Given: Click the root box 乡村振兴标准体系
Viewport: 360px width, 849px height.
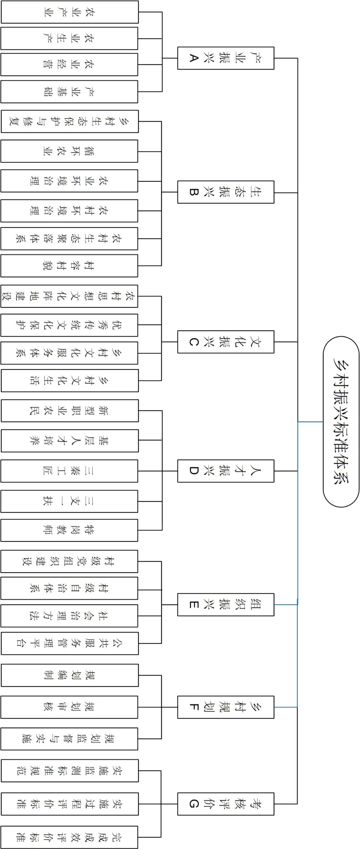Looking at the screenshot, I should click(x=341, y=421).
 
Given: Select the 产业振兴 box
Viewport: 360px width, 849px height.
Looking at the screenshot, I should click(x=226, y=58).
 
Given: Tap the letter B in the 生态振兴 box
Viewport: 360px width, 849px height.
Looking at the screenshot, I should click(x=194, y=192).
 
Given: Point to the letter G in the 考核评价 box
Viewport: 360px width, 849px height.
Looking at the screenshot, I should click(x=194, y=804).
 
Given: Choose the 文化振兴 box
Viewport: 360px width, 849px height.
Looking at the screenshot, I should click(x=226, y=342).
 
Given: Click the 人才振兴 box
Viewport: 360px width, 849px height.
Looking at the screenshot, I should click(x=226, y=471).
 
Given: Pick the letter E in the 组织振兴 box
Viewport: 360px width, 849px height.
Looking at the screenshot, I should click(x=194, y=605).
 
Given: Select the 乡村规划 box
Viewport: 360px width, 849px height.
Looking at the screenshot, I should click(x=226, y=707).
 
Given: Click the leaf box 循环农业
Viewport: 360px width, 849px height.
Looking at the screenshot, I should click(x=69, y=151).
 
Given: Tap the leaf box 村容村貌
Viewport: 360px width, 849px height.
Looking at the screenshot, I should click(x=69, y=266).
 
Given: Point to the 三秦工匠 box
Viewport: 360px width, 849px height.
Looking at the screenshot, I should click(x=69, y=471).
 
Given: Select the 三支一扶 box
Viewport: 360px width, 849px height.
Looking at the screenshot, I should click(x=69, y=501).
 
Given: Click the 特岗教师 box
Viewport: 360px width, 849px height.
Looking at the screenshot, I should click(x=69, y=530).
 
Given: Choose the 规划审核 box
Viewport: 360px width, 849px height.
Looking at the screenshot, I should click(x=69, y=707).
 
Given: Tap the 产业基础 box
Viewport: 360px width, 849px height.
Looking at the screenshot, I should click(x=69, y=92).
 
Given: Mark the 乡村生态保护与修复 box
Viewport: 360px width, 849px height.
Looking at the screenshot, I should click(x=69, y=121).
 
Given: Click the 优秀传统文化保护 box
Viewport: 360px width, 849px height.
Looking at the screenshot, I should click(x=69, y=325).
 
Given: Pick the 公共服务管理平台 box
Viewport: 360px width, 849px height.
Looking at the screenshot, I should click(x=69, y=643).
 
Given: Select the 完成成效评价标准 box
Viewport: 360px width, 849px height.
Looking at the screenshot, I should click(x=69, y=837).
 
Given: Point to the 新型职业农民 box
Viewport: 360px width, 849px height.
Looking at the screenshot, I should click(x=69, y=411).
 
